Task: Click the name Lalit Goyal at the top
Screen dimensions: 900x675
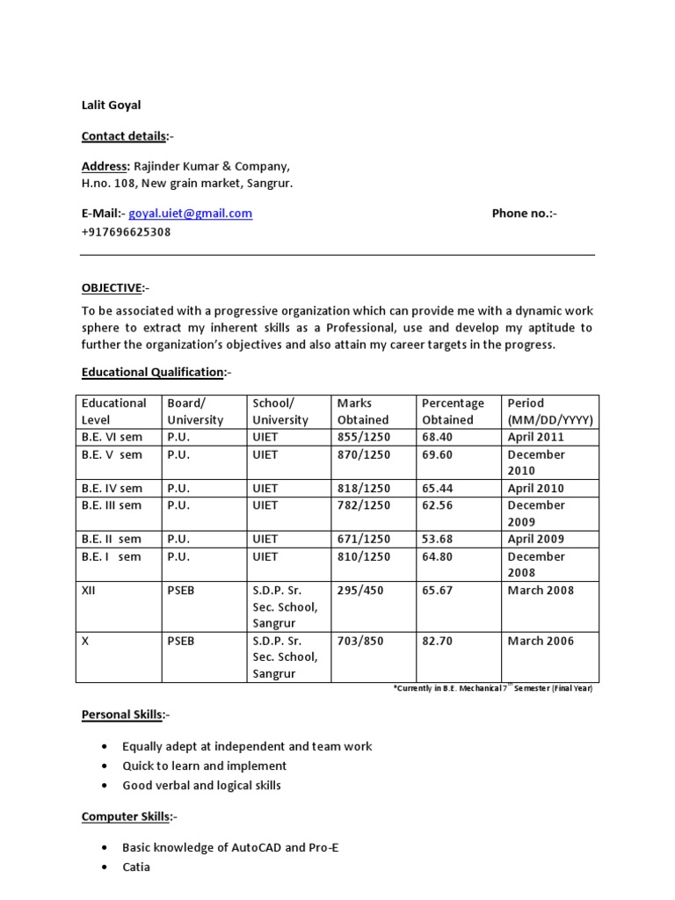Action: point(111,105)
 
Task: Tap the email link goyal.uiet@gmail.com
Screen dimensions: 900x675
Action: point(191,214)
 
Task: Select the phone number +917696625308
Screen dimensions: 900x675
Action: point(126,233)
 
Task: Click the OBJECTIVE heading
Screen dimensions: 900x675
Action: point(112,288)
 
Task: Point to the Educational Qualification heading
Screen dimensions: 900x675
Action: point(152,373)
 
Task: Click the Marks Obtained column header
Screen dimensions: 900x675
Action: point(363,411)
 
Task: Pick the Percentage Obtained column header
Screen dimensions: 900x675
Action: point(453,411)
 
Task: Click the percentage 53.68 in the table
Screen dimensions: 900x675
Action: point(437,539)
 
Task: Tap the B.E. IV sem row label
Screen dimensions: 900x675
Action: point(112,488)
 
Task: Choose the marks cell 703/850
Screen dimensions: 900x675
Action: point(360,641)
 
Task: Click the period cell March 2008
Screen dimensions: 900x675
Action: point(541,590)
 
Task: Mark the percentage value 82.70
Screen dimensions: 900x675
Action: point(437,641)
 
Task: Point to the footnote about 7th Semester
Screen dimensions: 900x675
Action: point(492,688)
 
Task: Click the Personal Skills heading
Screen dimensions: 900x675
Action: point(122,715)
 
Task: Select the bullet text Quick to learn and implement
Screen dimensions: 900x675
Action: point(205,766)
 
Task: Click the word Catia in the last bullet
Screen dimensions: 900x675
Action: point(136,867)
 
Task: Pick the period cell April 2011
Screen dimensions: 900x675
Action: point(536,437)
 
